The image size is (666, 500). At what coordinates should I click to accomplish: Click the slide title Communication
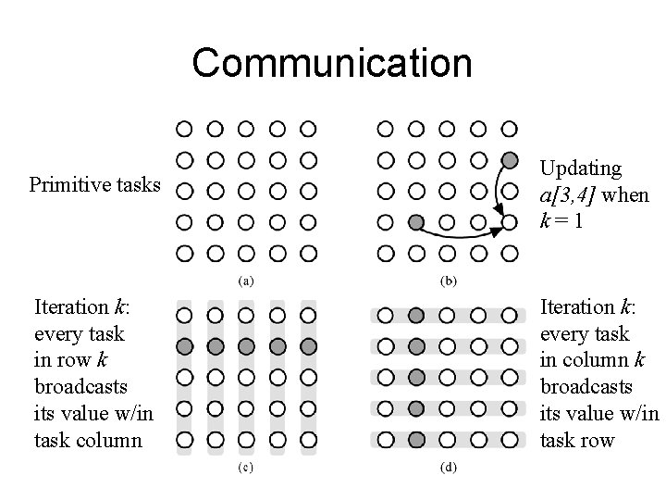pos(332,63)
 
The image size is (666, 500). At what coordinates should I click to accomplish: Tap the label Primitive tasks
pos(94,184)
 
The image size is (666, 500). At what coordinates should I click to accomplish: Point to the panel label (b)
pos(448,280)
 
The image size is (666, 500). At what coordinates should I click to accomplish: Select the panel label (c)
pos(247,469)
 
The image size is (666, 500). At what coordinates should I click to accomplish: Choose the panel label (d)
pos(448,469)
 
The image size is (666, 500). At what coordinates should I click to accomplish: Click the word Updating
pos(580,169)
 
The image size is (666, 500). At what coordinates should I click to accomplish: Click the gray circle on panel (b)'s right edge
pos(508,159)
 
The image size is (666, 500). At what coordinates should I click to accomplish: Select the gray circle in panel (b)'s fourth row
pos(416,222)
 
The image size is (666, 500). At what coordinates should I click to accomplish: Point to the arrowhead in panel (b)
pos(496,231)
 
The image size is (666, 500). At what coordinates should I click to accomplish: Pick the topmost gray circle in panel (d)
pos(416,315)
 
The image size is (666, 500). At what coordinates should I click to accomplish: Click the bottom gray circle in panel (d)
pos(416,439)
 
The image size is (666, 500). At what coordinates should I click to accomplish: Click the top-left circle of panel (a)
pos(184,128)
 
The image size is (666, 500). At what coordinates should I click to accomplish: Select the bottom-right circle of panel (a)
pos(308,253)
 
